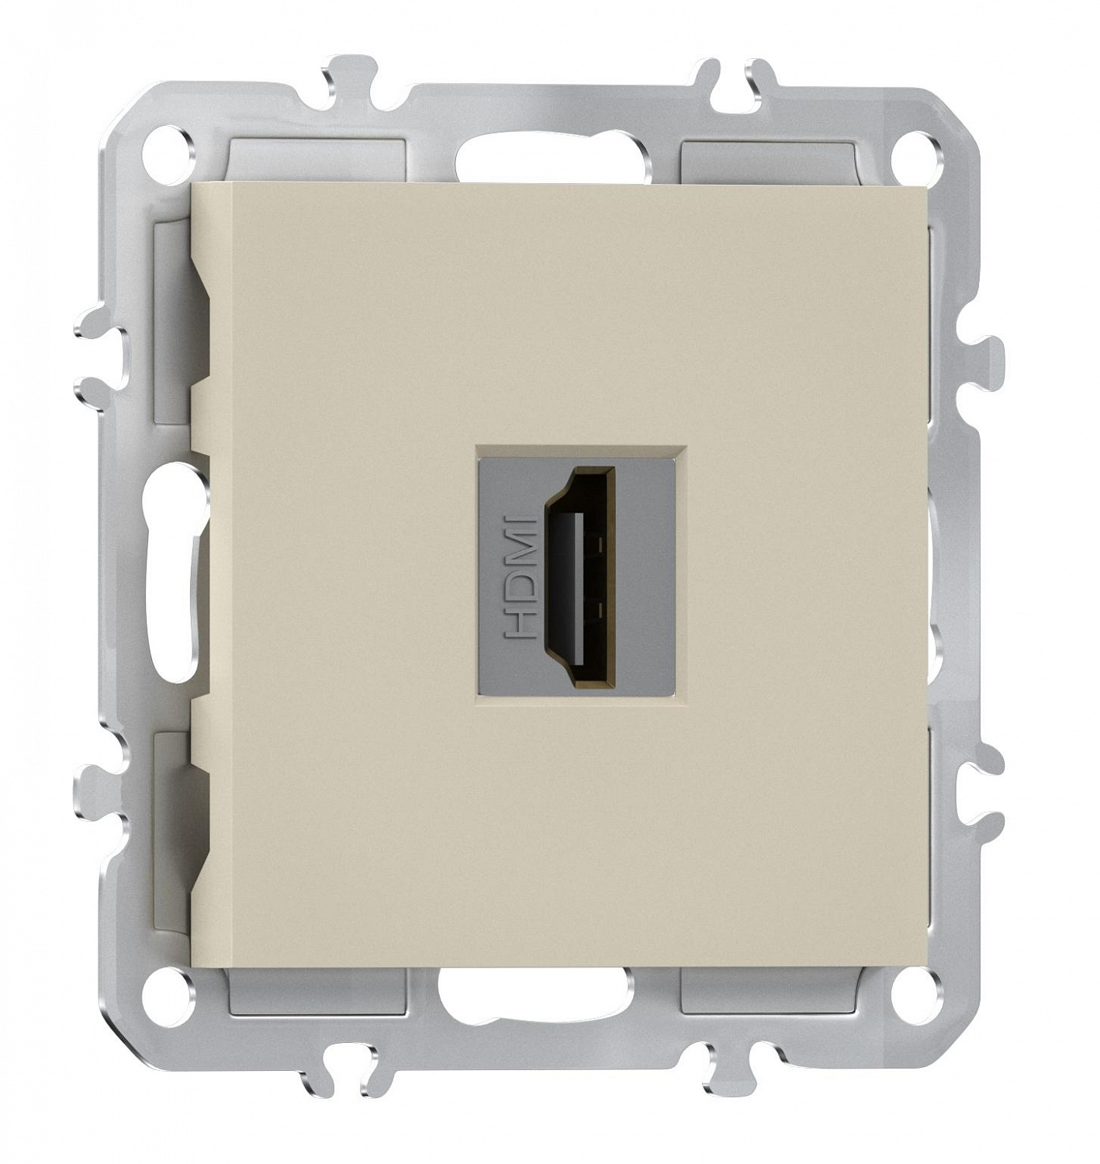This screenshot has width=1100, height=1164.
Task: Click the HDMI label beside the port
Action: click(519, 577)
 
